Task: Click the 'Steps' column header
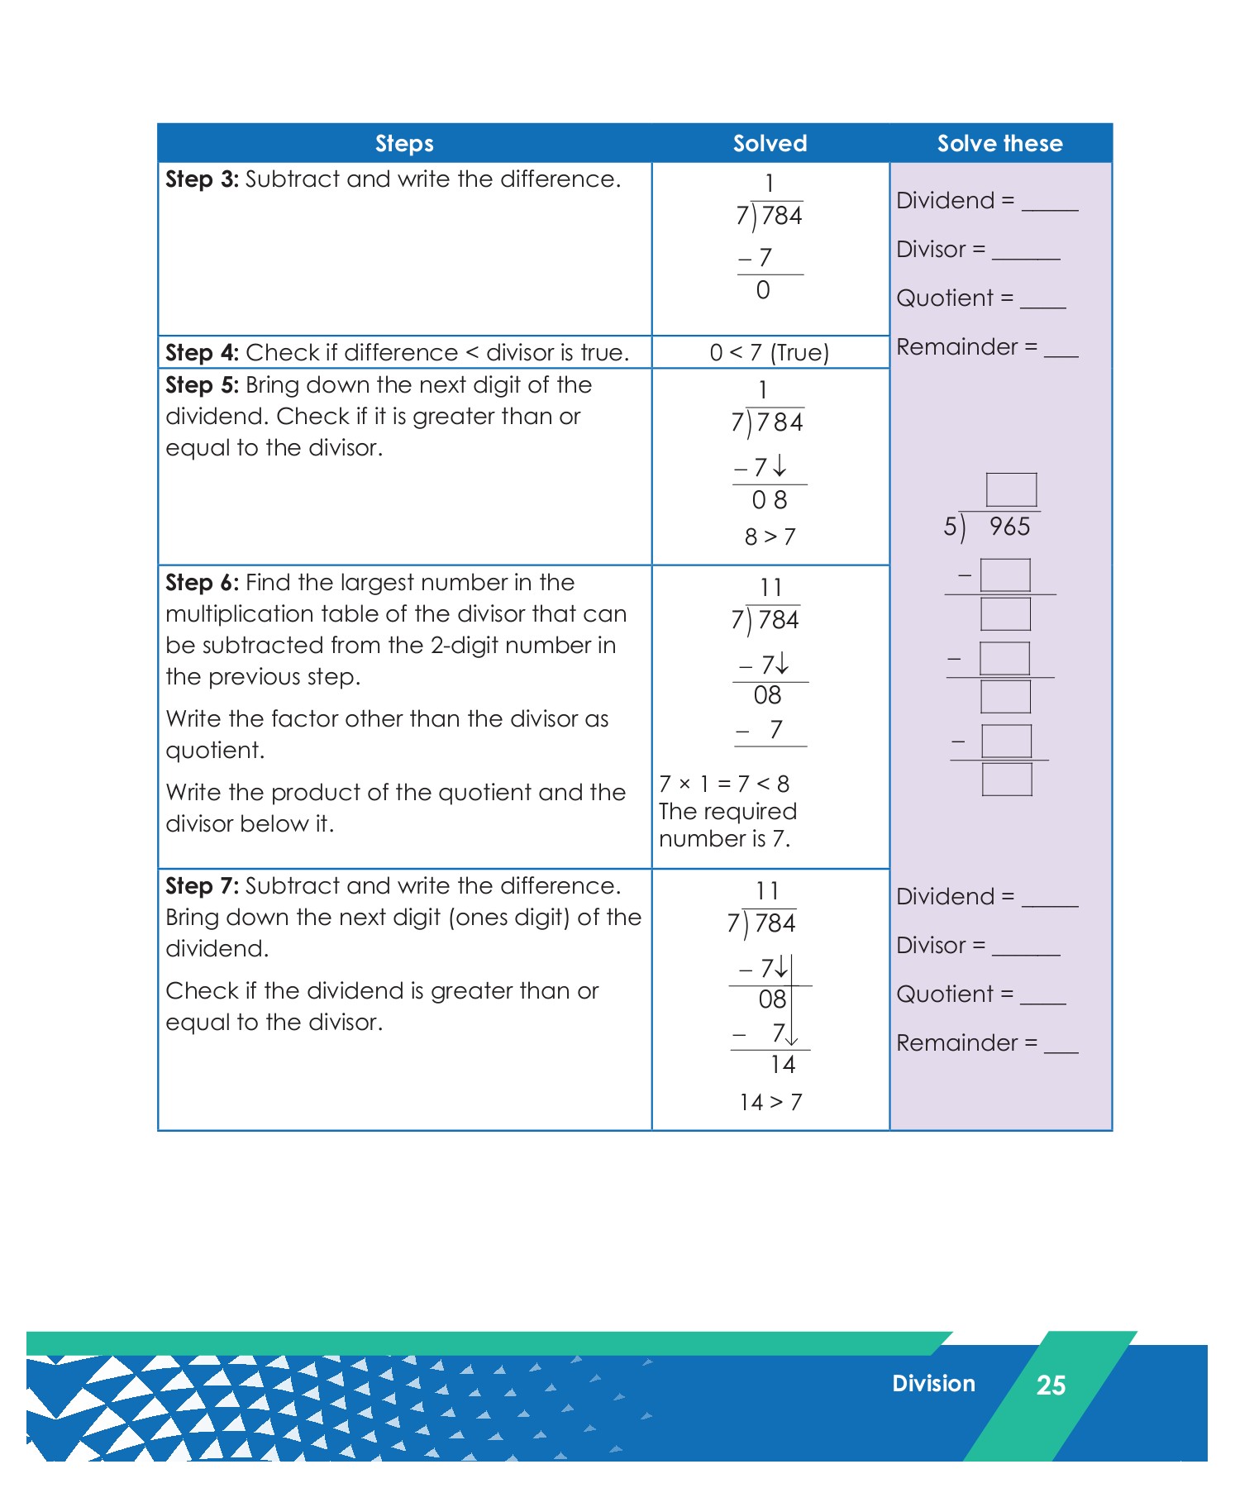click(404, 144)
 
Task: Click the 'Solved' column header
click(770, 144)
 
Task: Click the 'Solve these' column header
click(999, 144)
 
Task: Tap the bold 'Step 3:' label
click(202, 179)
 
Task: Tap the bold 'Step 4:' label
click(202, 353)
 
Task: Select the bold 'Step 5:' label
click(202, 385)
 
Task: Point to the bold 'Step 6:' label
click(202, 583)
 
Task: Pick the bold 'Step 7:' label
click(202, 886)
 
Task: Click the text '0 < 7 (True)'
click(769, 353)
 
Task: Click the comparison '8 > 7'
click(770, 537)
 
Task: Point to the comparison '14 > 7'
click(770, 1102)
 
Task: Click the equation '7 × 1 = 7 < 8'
click(724, 784)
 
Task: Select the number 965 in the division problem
click(1009, 527)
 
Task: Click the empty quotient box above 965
click(1011, 489)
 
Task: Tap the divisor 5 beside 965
click(951, 527)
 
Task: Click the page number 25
click(1051, 1385)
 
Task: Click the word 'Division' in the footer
click(933, 1384)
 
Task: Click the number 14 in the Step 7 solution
click(782, 1065)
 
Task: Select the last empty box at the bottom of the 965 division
click(1007, 779)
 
